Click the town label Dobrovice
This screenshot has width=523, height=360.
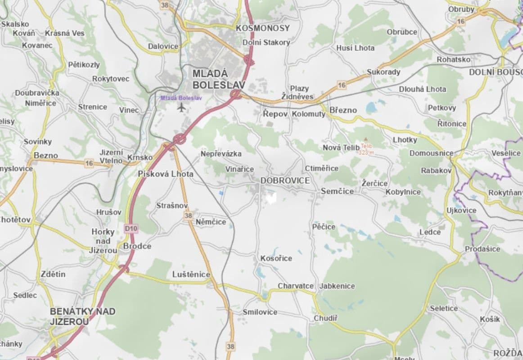(x=285, y=180)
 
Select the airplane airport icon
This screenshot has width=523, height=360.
(x=181, y=107)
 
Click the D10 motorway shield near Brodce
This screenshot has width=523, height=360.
(x=131, y=229)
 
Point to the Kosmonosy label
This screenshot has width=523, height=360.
(x=263, y=28)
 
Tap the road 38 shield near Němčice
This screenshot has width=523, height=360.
(x=188, y=216)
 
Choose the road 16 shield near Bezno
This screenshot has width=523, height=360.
(x=89, y=163)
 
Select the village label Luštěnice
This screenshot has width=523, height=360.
(x=191, y=274)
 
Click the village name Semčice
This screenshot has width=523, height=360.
(x=337, y=191)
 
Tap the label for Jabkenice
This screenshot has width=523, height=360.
(x=337, y=286)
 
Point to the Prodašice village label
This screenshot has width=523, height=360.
(x=482, y=249)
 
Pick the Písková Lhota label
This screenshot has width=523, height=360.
(x=166, y=174)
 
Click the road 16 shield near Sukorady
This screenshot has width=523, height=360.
(x=342, y=85)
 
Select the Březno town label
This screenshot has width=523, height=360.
(x=343, y=110)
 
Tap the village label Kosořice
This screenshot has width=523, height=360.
(x=276, y=258)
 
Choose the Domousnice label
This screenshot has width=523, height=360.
(x=431, y=153)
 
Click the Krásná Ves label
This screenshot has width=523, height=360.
(x=64, y=33)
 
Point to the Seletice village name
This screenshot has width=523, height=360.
(x=444, y=308)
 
